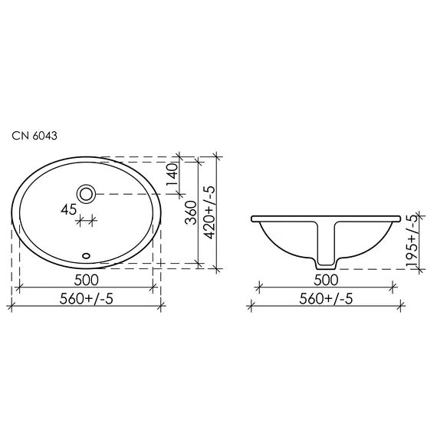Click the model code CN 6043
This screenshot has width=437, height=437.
click(x=33, y=135)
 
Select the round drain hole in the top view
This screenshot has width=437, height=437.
click(x=87, y=192)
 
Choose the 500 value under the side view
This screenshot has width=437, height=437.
click(x=327, y=278)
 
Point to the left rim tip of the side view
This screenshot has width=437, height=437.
click(x=251, y=219)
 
